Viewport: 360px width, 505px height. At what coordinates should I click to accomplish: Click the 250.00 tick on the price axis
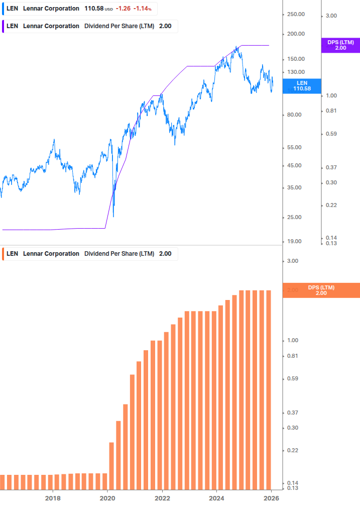(x=295, y=14)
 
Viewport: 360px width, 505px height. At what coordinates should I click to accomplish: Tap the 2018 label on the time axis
(x=53, y=498)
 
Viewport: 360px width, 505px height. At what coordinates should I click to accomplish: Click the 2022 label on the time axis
(x=162, y=498)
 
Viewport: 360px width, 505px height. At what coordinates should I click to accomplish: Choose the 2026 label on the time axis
(x=271, y=498)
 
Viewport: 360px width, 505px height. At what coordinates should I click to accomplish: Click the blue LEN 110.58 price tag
(x=302, y=86)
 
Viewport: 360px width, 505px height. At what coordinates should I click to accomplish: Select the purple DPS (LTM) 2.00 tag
(x=340, y=45)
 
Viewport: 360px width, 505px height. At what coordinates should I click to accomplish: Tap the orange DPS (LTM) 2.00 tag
(x=321, y=290)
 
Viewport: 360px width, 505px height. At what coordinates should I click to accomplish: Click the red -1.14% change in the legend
(x=142, y=9)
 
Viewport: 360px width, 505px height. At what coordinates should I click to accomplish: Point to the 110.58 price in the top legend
(x=94, y=9)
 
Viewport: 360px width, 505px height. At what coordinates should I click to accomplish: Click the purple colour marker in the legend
(x=3, y=26)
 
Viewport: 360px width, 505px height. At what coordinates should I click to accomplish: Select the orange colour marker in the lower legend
(x=3, y=254)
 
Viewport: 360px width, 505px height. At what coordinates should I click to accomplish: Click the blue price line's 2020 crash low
(x=113, y=216)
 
